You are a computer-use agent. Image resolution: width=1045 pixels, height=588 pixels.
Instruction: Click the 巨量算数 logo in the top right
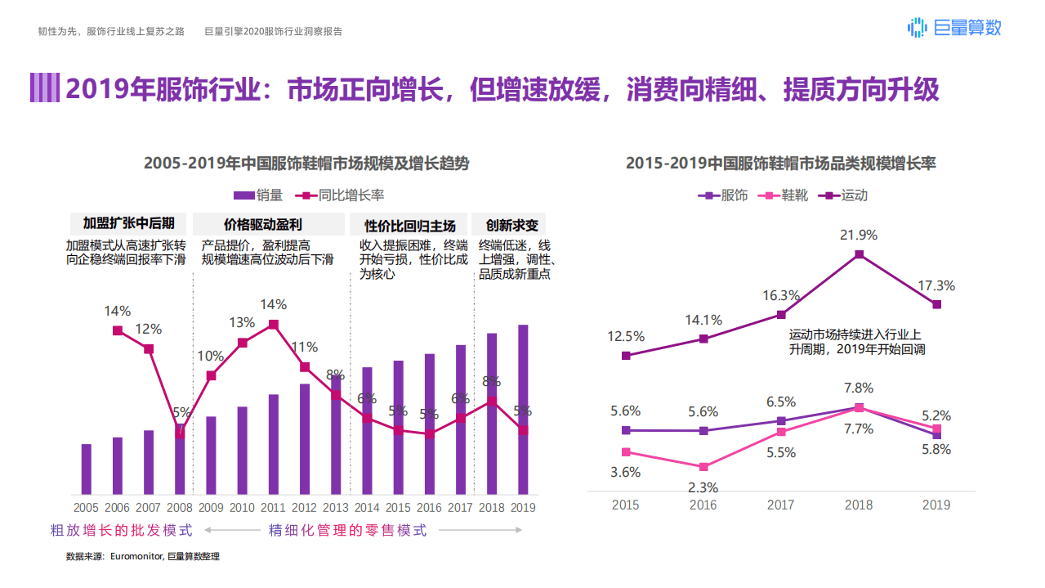(x=953, y=28)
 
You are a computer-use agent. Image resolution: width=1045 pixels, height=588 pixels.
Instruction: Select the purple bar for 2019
(x=523, y=409)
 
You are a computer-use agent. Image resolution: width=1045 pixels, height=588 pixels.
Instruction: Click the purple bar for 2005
(x=87, y=469)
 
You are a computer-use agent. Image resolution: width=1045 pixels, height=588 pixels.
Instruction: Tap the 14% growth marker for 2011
(x=274, y=325)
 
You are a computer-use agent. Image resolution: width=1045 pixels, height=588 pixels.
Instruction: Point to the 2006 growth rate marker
(x=118, y=330)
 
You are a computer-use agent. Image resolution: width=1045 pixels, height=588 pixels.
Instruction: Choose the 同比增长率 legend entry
(x=343, y=195)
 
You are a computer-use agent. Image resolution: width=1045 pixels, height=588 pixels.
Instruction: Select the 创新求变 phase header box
(x=511, y=225)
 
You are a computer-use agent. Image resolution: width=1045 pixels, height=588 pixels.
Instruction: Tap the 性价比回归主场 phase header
(x=410, y=225)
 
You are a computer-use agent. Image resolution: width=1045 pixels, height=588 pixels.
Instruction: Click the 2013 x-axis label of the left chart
(x=336, y=508)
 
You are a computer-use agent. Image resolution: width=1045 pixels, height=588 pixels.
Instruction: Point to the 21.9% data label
(x=859, y=236)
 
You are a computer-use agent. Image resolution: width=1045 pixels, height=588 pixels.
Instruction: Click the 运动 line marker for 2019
(x=937, y=304)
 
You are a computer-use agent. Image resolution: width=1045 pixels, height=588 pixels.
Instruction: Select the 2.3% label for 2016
(x=703, y=487)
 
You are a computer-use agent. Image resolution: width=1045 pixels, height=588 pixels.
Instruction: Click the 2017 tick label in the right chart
(x=780, y=505)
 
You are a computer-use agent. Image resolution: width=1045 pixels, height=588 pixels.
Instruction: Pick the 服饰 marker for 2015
(x=626, y=430)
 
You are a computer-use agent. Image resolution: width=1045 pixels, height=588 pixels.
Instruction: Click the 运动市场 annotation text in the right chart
(x=855, y=342)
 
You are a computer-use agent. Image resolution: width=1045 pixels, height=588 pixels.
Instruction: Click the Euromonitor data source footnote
(x=143, y=557)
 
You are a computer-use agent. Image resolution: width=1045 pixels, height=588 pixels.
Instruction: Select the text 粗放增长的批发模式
(x=122, y=531)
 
